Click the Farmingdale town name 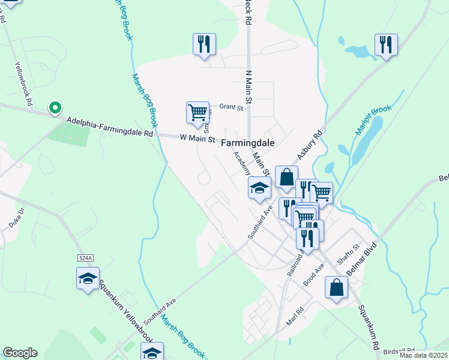[x=247, y=143]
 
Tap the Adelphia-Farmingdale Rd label [x=110, y=127]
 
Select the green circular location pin [x=55, y=108]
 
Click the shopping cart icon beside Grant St [x=197, y=113]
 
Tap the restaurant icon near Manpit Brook [x=385, y=44]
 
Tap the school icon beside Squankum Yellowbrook [x=88, y=278]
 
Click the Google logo [x=20, y=353]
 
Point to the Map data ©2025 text [x=423, y=355]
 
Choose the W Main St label [x=197, y=138]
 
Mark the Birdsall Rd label [x=399, y=350]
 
